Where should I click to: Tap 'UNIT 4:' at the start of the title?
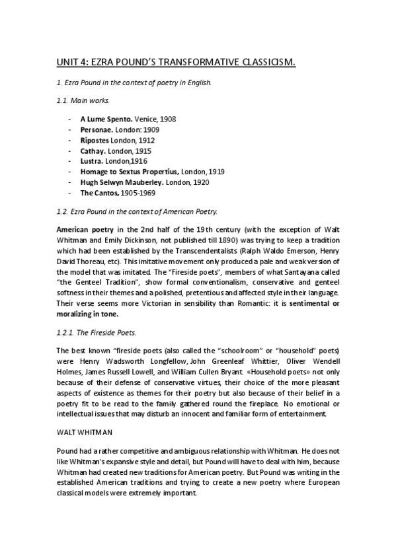coord(72,63)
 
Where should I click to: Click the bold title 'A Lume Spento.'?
coord(106,119)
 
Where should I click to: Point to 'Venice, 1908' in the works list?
coord(155,119)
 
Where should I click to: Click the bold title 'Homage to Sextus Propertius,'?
coord(129,171)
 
